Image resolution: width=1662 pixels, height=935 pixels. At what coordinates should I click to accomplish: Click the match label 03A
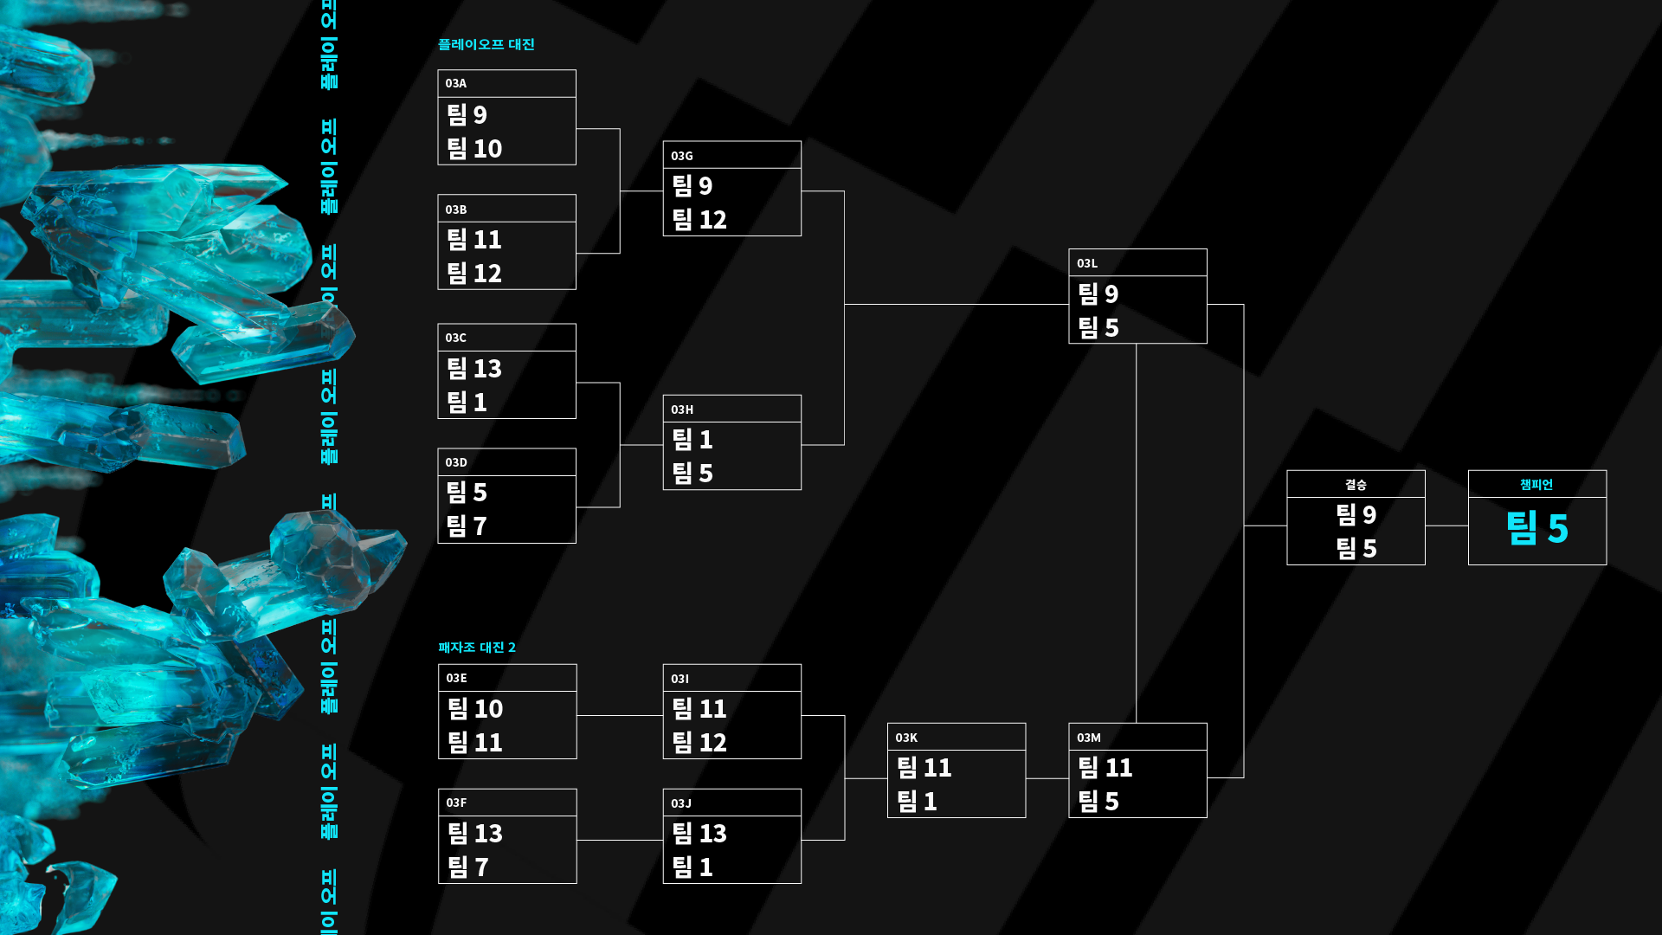456,83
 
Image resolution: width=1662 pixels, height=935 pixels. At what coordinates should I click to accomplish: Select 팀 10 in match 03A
474,149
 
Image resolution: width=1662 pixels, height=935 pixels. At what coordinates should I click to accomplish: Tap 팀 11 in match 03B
474,239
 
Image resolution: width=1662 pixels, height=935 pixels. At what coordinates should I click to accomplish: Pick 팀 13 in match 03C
474,369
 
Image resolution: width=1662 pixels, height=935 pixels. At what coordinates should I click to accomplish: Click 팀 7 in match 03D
467,526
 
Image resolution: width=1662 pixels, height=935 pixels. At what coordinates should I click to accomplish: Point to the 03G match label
682,156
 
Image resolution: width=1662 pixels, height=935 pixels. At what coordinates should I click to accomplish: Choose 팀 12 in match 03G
699,220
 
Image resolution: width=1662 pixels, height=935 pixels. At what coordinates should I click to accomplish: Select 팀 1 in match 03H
692,440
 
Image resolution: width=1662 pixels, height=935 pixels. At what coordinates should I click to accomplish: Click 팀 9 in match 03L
1098,294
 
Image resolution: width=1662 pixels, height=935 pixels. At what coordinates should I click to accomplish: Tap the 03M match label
1089,738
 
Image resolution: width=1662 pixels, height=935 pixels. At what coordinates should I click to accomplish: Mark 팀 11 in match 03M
1105,768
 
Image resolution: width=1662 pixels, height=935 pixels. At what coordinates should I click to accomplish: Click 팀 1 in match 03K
917,802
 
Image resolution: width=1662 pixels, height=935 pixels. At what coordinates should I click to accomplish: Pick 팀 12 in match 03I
699,743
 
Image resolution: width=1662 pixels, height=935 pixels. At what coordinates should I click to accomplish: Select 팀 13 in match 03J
699,834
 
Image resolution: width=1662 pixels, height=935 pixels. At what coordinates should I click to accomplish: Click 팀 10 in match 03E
475,709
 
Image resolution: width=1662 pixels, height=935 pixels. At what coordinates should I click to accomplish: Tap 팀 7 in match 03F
468,867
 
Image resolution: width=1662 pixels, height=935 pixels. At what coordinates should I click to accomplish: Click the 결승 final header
1356,485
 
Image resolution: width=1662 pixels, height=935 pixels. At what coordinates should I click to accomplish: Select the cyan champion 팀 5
1537,528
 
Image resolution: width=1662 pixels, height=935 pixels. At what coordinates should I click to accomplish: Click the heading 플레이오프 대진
486,44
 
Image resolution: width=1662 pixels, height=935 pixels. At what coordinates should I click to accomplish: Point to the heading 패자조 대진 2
477,648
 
